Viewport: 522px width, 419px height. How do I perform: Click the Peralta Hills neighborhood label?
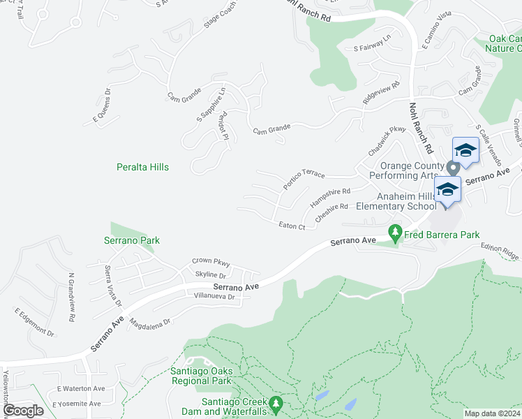tap(142, 168)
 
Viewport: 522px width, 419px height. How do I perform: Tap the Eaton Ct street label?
tap(292, 226)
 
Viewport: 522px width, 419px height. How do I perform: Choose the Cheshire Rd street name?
tap(331, 211)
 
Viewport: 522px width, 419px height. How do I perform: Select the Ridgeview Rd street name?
tap(381, 95)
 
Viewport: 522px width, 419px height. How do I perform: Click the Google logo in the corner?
tap(23, 411)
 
